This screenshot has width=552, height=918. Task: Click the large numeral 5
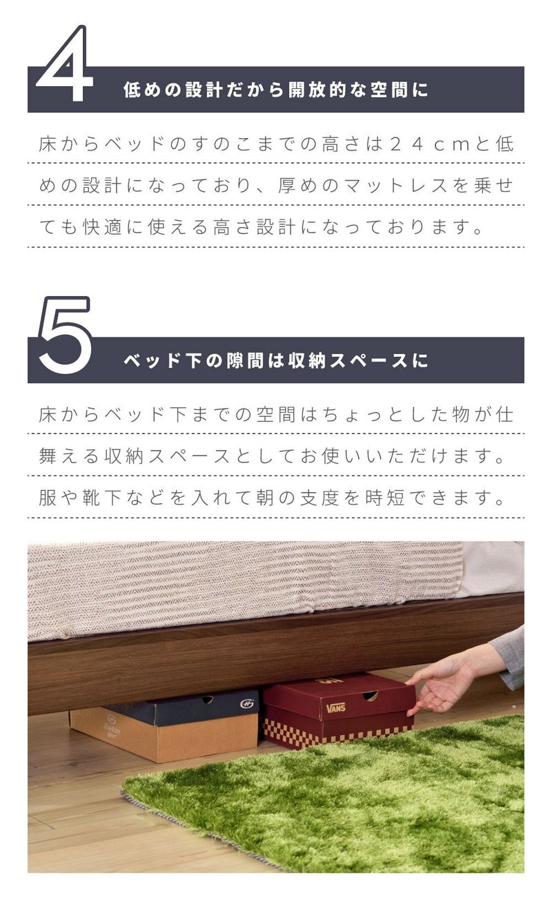click(66, 335)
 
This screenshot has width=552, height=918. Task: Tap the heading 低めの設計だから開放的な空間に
click(276, 90)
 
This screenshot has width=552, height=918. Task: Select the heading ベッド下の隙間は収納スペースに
click(276, 360)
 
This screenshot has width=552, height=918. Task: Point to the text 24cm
click(429, 144)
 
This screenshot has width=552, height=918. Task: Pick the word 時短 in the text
click(385, 498)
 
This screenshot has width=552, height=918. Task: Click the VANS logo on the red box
click(335, 707)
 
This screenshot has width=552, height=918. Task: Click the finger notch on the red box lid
click(369, 696)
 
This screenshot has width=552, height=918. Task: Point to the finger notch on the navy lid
click(208, 699)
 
